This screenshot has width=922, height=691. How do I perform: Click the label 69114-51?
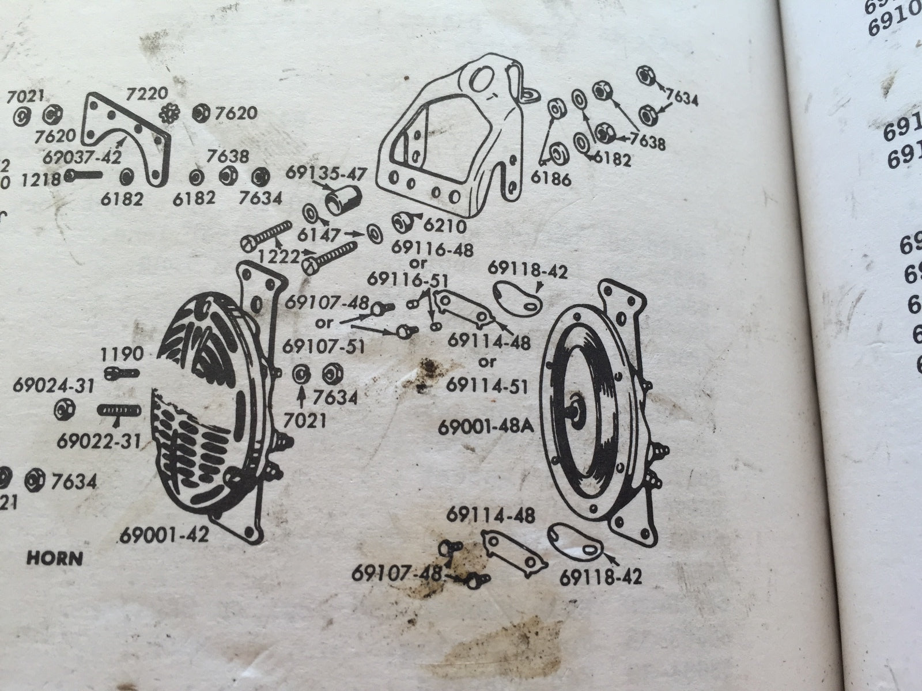click(487, 385)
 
